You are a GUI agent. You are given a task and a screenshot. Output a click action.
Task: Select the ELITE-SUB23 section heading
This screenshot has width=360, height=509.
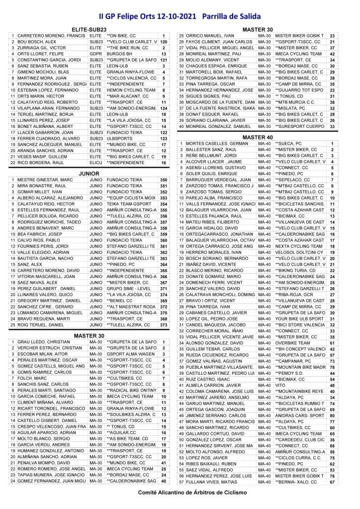tap(89, 30)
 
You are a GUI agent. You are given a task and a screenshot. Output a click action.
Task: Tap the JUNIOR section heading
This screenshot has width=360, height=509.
tap(89, 173)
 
